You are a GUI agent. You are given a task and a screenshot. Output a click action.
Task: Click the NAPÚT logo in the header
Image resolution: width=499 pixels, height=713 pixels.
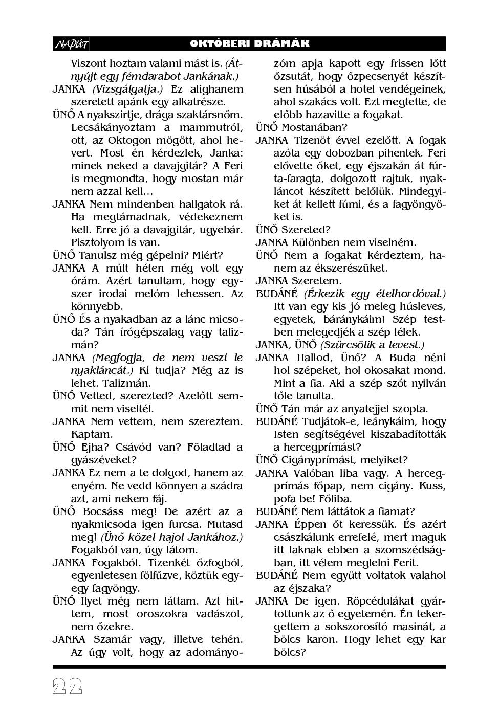point(71,44)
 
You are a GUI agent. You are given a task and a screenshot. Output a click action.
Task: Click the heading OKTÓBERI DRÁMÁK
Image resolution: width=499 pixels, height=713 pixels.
point(250,44)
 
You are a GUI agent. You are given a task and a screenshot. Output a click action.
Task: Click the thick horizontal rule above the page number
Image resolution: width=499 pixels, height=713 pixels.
point(249,666)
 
